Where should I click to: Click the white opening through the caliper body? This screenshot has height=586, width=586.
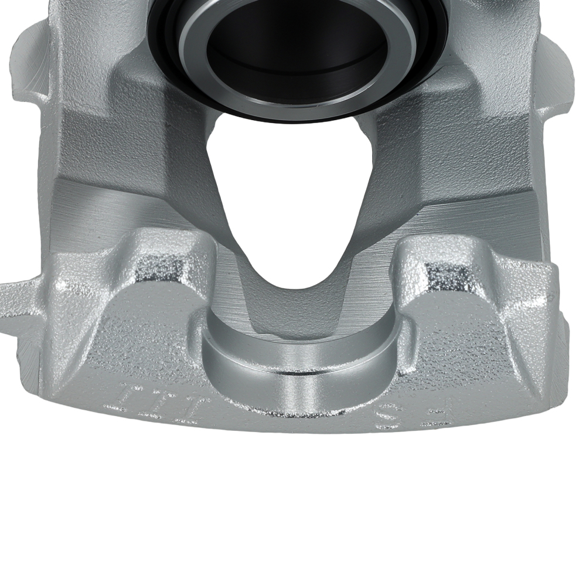287,193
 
